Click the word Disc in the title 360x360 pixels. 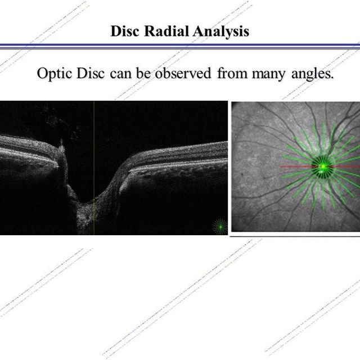(x=125, y=31)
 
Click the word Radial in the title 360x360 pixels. (x=166, y=31)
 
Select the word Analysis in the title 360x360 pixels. (x=221, y=31)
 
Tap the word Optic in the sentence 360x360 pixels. (x=55, y=74)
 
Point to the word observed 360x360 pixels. (x=183, y=74)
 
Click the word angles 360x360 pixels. (x=312, y=74)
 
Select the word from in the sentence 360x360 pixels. (x=232, y=74)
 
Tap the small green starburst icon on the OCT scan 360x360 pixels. (x=220, y=227)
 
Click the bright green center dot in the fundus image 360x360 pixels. (x=323, y=166)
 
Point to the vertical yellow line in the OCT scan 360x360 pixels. (x=94, y=168)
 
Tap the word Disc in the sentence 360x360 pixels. (x=91, y=74)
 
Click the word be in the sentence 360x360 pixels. (x=143, y=74)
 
